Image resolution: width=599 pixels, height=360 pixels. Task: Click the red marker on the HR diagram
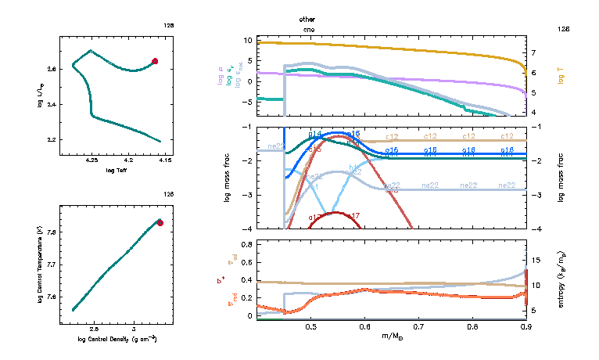click(155, 61)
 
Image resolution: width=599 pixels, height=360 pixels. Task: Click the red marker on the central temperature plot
click(160, 223)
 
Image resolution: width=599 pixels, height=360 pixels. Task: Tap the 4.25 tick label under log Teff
click(91, 161)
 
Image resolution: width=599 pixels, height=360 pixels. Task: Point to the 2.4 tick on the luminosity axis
click(51, 105)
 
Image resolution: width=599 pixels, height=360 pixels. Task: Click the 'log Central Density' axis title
click(117, 339)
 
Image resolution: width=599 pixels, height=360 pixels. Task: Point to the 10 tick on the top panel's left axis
click(248, 40)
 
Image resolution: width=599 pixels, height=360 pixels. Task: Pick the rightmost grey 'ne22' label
click(507, 185)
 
